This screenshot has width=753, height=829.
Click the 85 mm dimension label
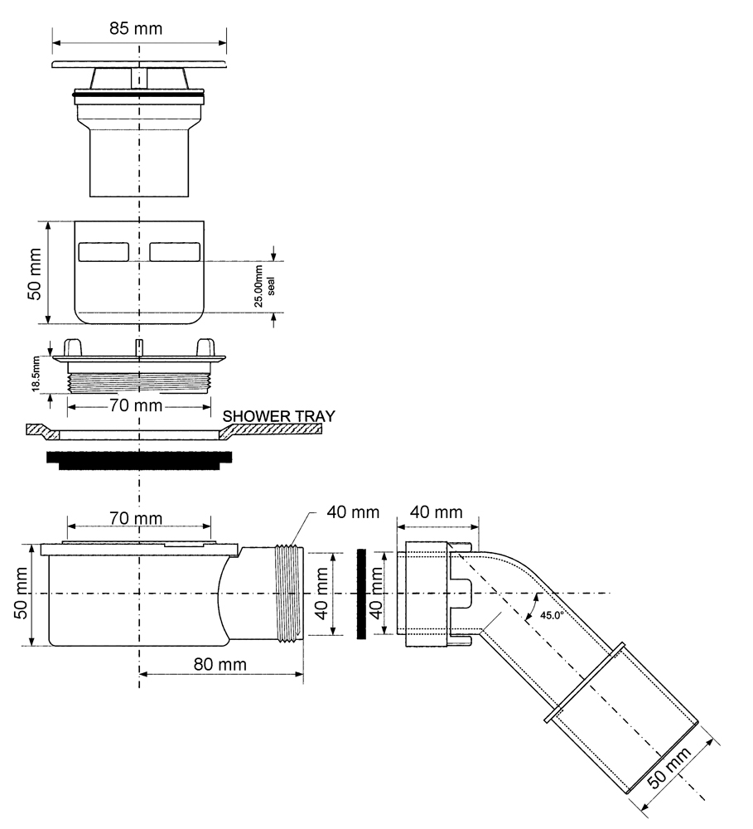[x=136, y=28]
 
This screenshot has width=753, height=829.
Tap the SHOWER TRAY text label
[x=278, y=417]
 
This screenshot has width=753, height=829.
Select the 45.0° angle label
[x=553, y=615]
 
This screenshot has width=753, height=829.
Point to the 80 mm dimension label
[x=220, y=664]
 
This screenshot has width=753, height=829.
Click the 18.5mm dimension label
[x=36, y=374]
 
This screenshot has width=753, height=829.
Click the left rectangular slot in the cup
[x=104, y=252]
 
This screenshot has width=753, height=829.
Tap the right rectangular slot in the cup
[x=175, y=252]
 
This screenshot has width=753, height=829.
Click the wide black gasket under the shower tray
[x=139, y=460]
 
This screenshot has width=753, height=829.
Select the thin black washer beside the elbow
[x=361, y=594]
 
